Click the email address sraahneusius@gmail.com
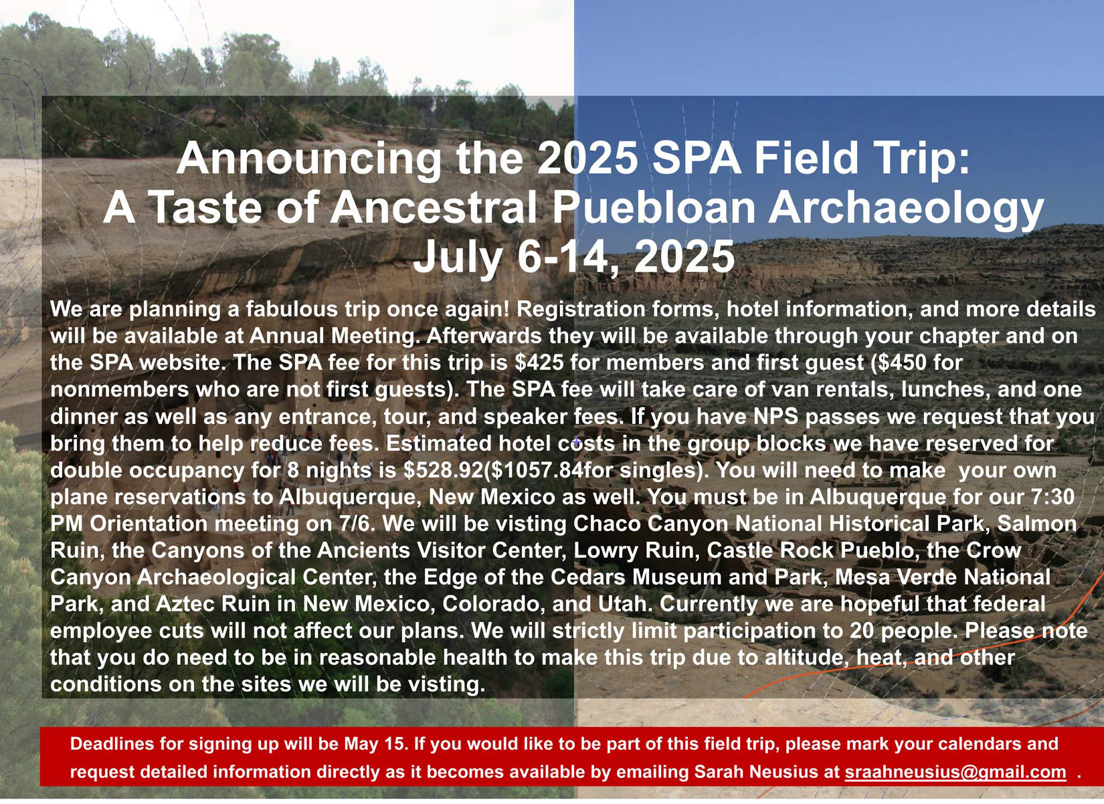click(955, 771)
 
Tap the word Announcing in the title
click(308, 159)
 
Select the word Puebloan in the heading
click(654, 208)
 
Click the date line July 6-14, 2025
click(573, 256)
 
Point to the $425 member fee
click(539, 363)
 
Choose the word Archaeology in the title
click(906, 208)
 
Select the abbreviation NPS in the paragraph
click(775, 416)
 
